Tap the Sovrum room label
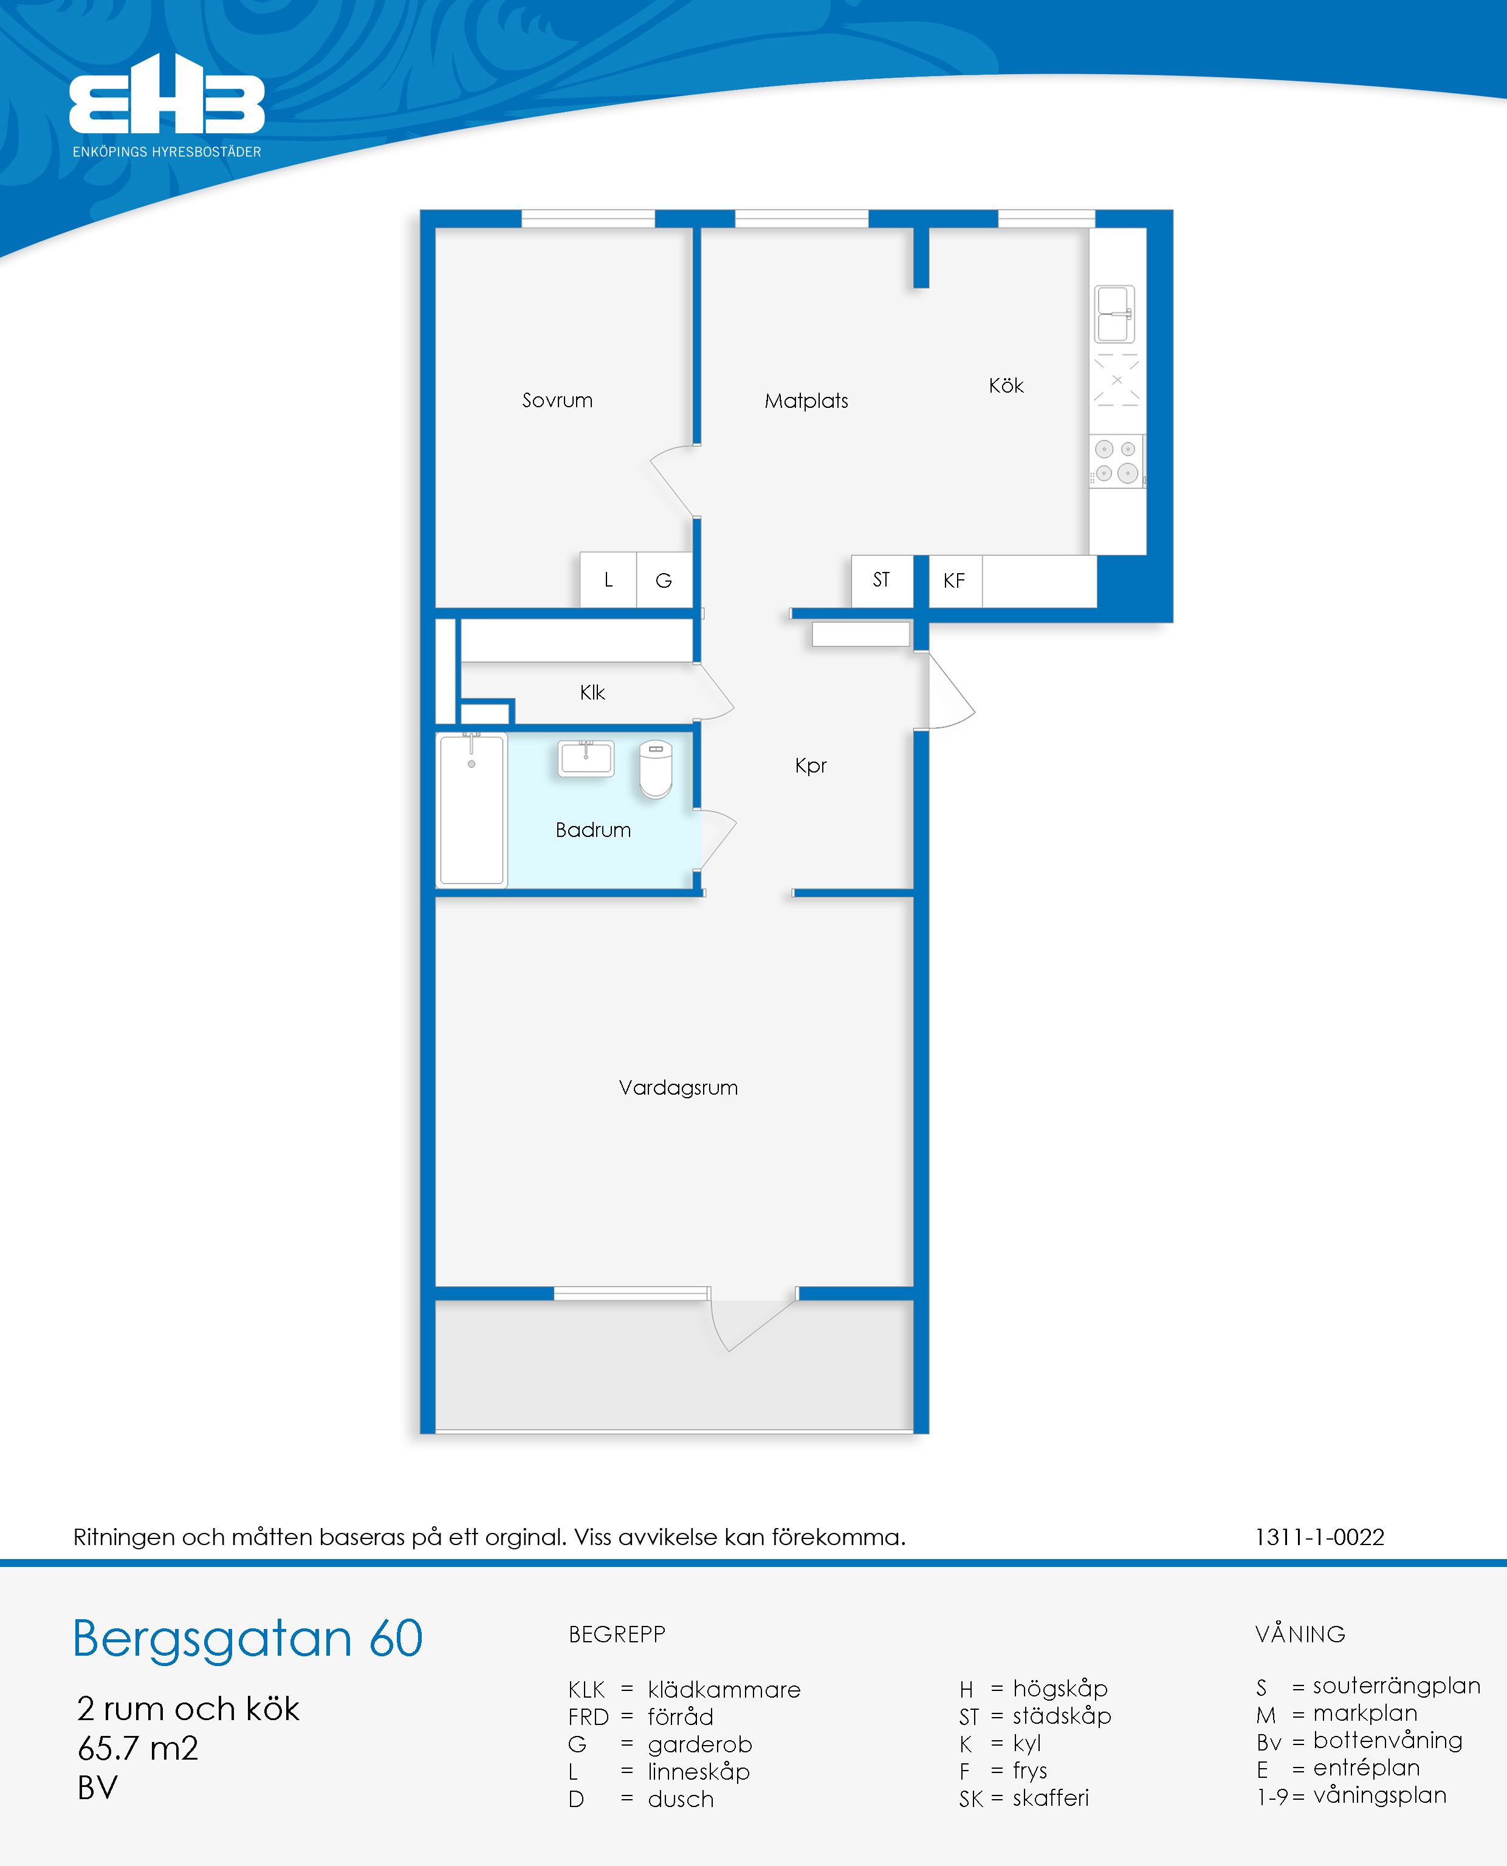557,401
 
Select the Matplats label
806,401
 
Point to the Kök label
1006,385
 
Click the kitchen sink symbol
1114,314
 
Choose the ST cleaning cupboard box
882,580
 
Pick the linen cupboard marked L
608,580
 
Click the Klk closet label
592,692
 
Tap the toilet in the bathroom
656,768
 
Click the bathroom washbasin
586,758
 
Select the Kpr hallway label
811,766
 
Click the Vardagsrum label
678,1087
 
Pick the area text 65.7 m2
138,1748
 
